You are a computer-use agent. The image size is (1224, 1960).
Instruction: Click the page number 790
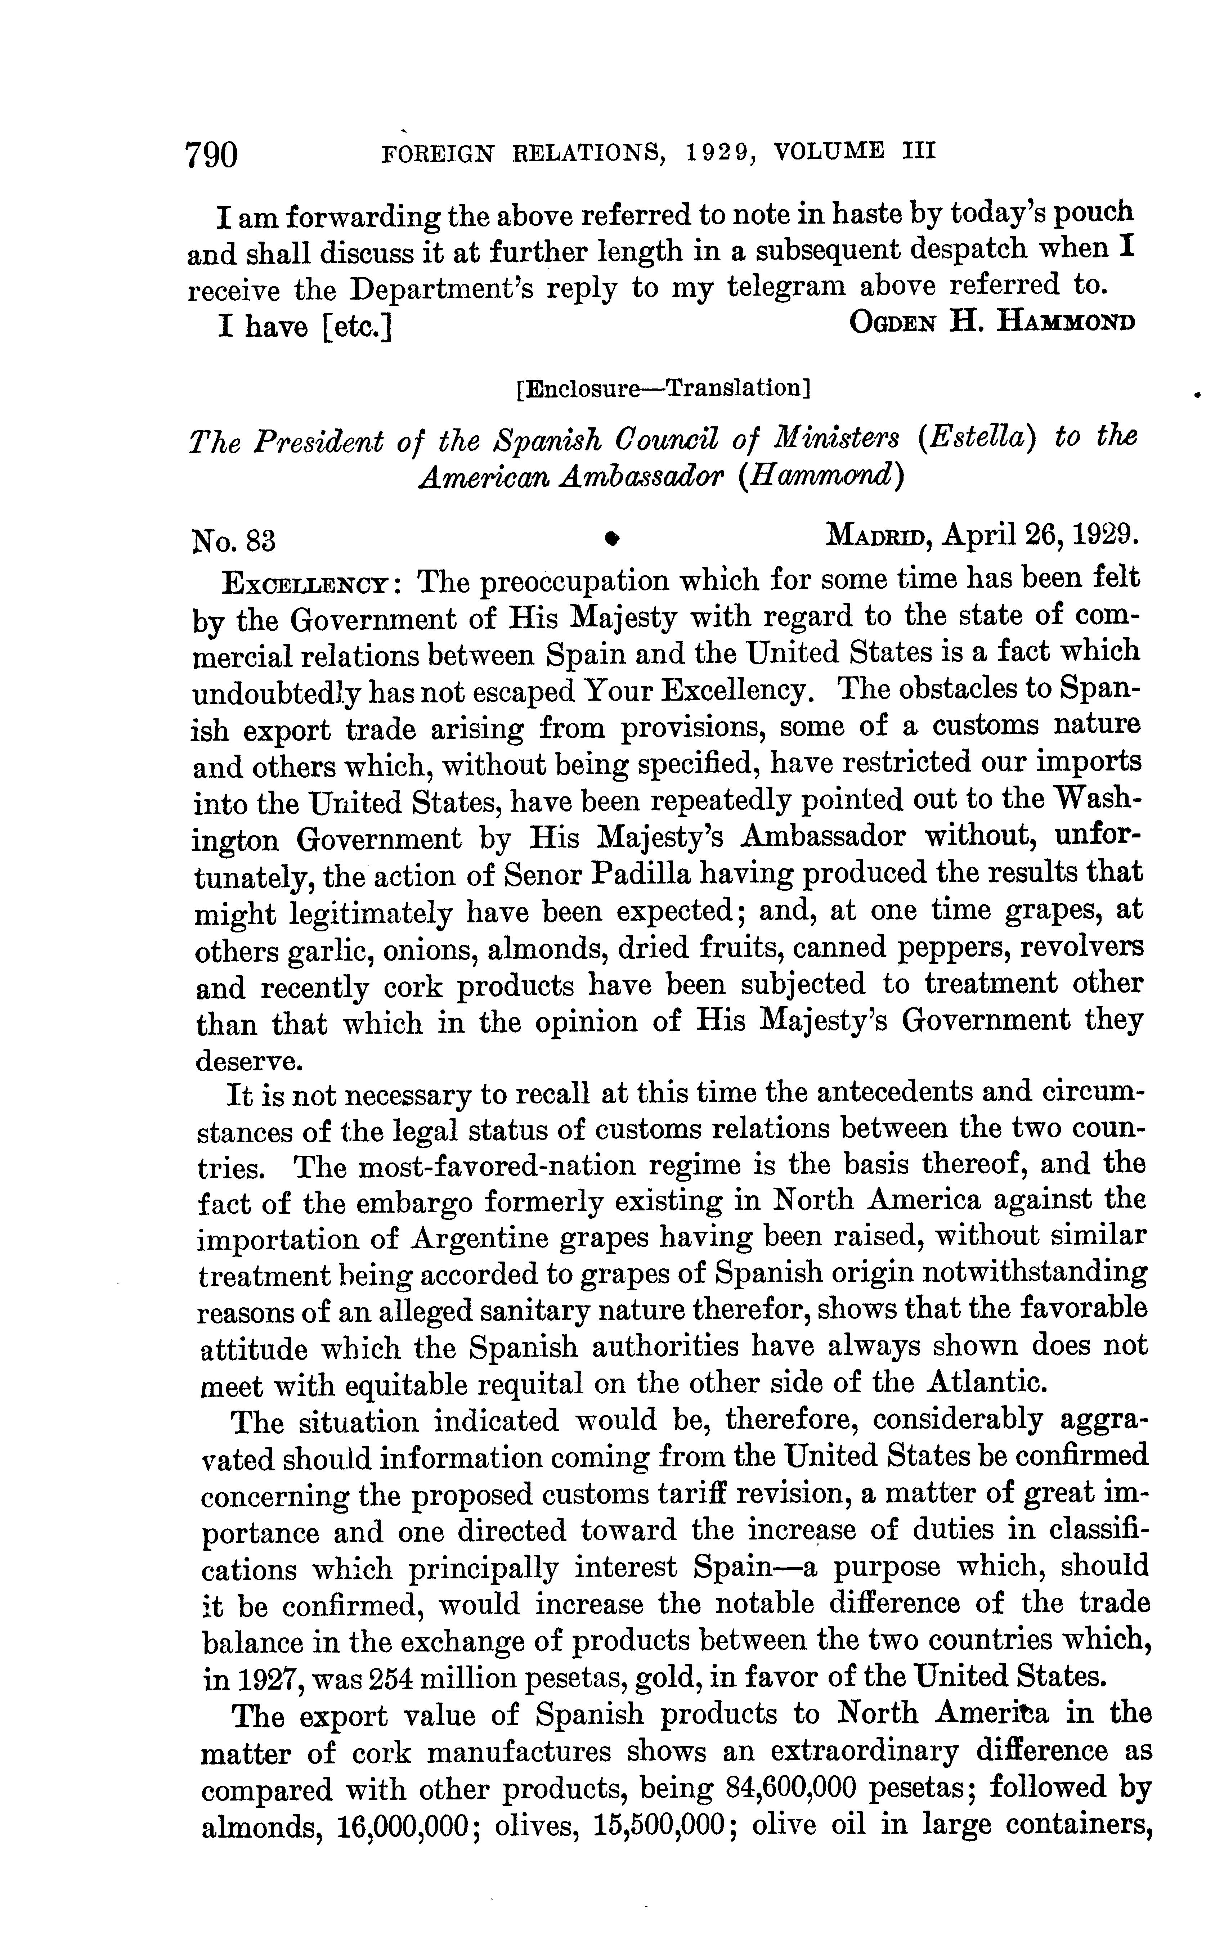pos(212,154)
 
